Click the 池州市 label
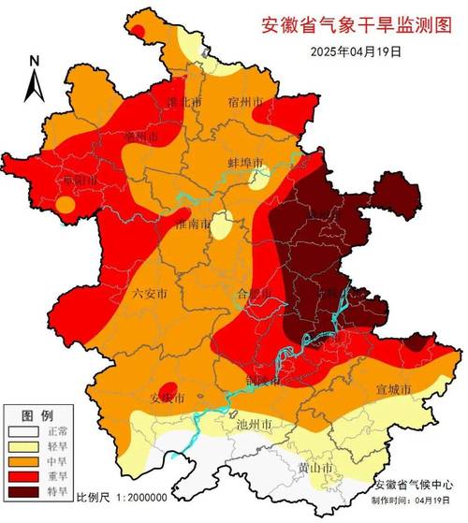[x=254, y=425]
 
